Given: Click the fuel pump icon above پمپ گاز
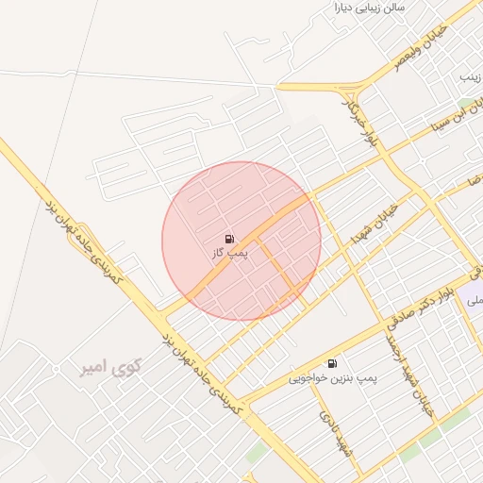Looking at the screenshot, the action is pyautogui.click(x=231, y=240).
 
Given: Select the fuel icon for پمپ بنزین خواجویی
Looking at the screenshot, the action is pyautogui.click(x=332, y=363).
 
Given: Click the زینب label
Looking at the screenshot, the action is pyautogui.click(x=470, y=75).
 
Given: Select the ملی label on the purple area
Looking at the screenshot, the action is pyautogui.click(x=474, y=300).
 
